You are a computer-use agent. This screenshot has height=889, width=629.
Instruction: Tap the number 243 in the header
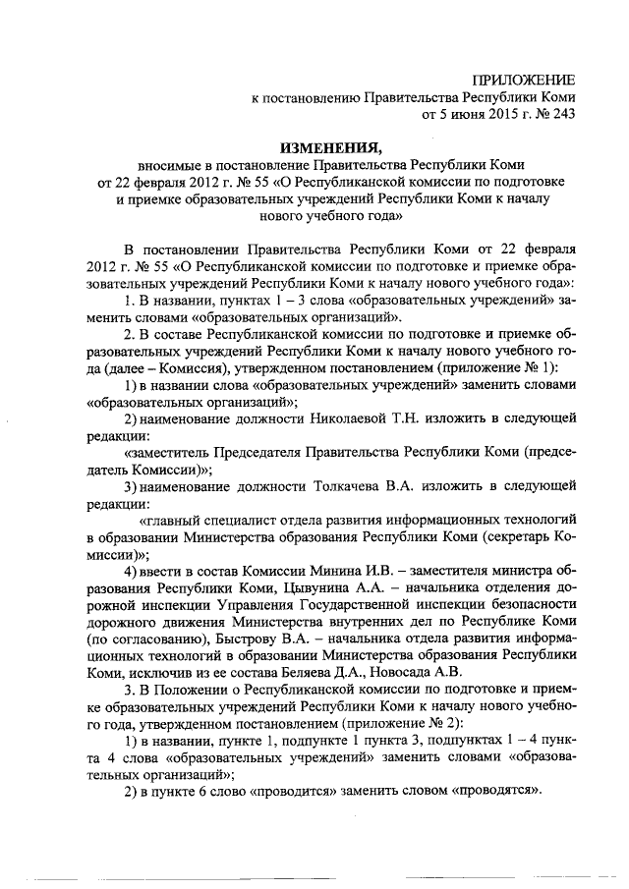point(560,114)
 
